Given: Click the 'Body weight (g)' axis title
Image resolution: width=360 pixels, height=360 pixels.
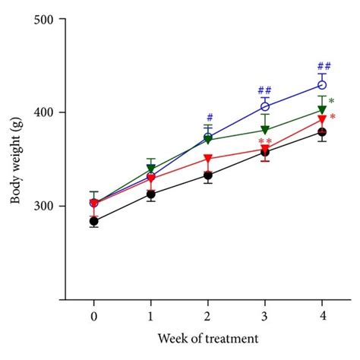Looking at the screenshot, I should [x=16, y=159].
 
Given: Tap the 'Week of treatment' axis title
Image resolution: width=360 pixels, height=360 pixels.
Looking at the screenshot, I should [x=207, y=337].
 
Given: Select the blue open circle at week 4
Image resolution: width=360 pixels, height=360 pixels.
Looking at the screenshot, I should [x=321, y=85].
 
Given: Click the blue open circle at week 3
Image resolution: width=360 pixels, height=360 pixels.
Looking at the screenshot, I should [x=265, y=106].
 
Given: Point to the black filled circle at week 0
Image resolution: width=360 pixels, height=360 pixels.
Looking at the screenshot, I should [x=93, y=221].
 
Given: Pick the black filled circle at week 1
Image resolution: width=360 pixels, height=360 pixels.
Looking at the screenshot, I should [x=150, y=194].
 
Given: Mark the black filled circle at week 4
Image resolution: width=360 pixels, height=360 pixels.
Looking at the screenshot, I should [x=321, y=132].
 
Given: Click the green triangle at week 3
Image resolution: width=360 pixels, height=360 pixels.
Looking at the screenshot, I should [x=265, y=130].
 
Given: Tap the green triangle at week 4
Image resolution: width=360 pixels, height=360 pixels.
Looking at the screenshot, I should [x=321, y=110].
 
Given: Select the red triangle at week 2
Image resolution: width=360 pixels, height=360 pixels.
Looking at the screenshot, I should [x=208, y=159].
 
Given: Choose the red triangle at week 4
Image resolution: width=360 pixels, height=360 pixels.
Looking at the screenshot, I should [x=321, y=120].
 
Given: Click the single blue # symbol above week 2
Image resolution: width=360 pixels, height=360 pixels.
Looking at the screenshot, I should [x=209, y=118].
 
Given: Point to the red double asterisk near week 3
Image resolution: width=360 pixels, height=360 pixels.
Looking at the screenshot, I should [x=265, y=142].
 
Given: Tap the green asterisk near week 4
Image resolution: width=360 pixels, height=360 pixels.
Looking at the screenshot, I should [x=332, y=102].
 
